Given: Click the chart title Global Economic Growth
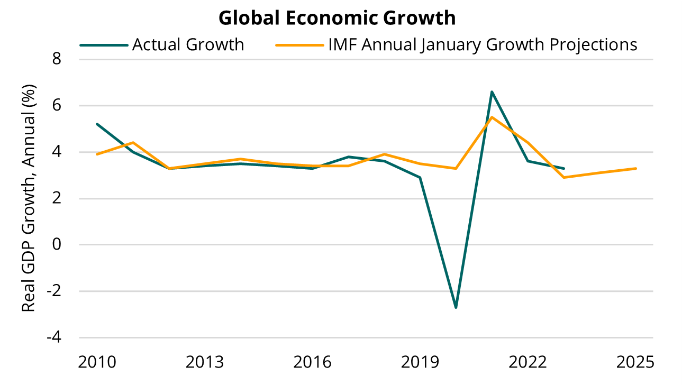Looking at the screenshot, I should (x=337, y=18).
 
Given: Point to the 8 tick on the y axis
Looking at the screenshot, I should (x=57, y=59).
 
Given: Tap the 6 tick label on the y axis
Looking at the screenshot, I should (x=57, y=106).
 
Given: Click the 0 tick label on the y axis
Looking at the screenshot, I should (x=57, y=245).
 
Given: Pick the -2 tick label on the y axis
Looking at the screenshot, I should (x=53, y=291).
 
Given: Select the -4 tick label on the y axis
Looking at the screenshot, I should (x=53, y=337).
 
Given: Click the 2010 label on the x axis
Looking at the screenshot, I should (x=97, y=362).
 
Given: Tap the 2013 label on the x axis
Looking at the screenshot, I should (x=205, y=362).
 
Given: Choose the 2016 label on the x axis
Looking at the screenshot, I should (x=313, y=362).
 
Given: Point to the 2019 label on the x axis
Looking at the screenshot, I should (x=421, y=362).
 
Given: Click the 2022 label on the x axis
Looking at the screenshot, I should (x=528, y=362).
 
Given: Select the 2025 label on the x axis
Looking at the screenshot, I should (x=636, y=362).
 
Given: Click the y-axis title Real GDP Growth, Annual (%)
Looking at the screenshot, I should (x=29, y=198).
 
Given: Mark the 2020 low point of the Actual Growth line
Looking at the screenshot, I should (x=456, y=307).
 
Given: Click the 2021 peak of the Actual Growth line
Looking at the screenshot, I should (x=492, y=92).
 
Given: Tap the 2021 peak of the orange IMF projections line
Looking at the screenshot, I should (x=492, y=117).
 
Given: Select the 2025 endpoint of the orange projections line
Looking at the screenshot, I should (x=635, y=168).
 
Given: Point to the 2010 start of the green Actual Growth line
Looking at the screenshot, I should (x=97, y=124).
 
